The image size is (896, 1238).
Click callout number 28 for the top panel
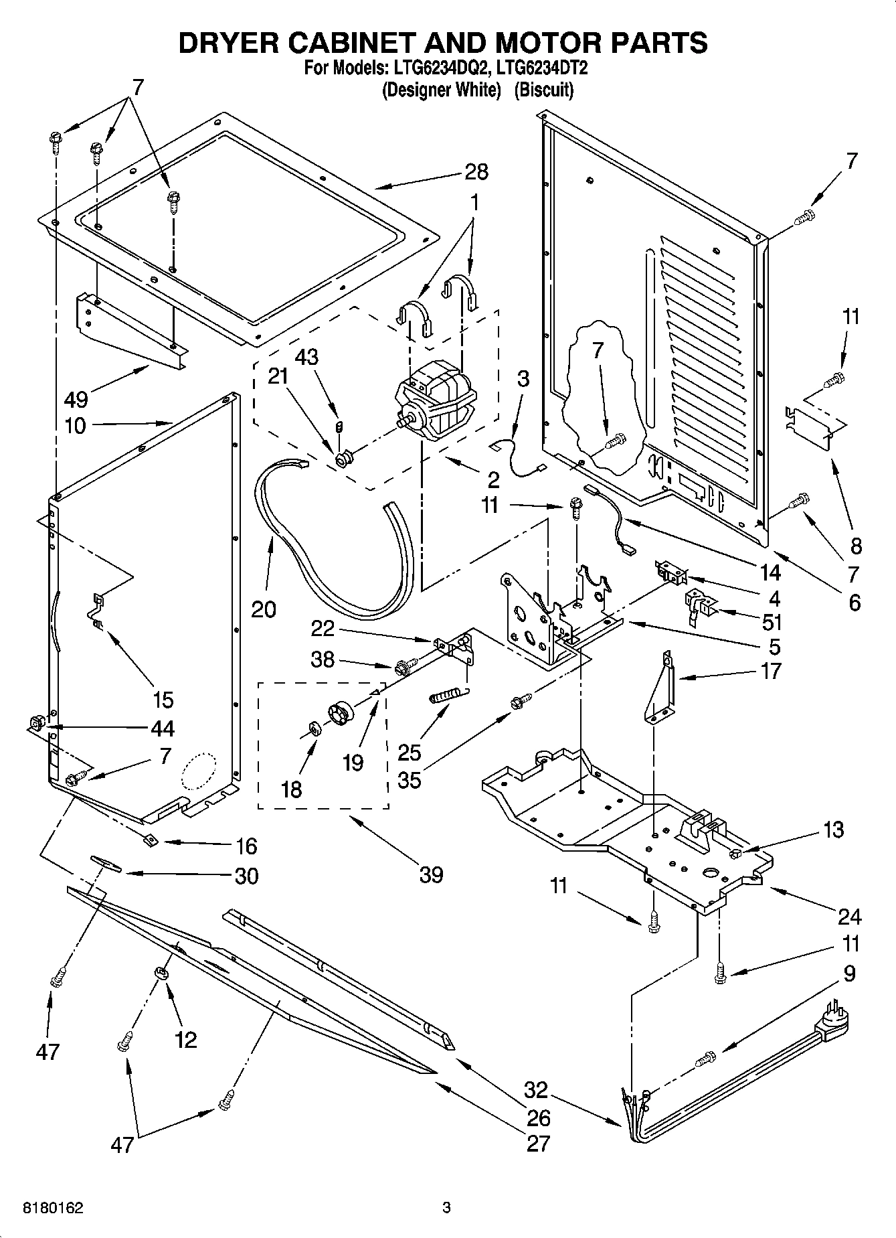(x=476, y=172)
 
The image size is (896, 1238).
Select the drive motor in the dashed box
(x=436, y=405)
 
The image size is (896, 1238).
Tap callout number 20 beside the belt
(x=264, y=609)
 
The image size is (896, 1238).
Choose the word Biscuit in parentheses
(x=543, y=90)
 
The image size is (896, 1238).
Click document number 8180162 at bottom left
(x=54, y=1208)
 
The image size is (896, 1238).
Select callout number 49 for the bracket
(x=76, y=400)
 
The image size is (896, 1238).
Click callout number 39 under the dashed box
(x=431, y=874)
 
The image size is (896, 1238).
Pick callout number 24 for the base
(x=849, y=916)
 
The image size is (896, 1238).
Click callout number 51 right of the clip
(x=772, y=622)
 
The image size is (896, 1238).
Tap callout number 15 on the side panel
(x=163, y=700)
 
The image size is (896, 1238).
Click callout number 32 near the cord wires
(x=536, y=1090)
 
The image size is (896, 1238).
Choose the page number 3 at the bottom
(x=447, y=1208)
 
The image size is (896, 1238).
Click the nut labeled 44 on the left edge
(x=37, y=723)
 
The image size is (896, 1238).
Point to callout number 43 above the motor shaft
(x=306, y=357)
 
